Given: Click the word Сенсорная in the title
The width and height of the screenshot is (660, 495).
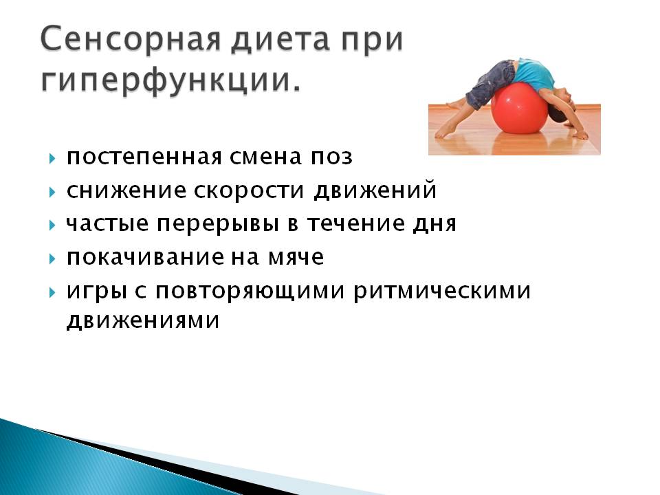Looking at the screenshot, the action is tap(131, 39).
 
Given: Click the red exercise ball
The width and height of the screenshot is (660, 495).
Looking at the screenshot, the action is tap(520, 109).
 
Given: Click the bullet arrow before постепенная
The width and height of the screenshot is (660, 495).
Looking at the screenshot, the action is tap(52, 158).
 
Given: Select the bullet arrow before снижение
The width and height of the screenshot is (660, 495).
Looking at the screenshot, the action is tap(52, 192).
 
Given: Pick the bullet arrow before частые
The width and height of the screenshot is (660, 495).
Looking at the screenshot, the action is tap(52, 225).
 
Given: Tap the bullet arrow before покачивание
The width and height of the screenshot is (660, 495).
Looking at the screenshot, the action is tap(52, 258).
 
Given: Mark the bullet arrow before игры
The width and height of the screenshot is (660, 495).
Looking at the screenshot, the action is tap(52, 292).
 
